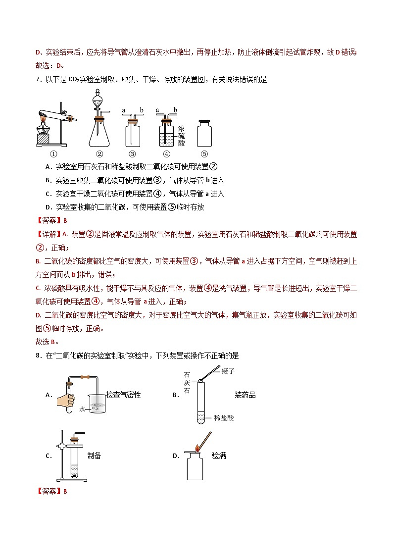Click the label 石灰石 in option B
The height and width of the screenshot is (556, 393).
(187, 384)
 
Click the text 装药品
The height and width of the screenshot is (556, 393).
(245, 395)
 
